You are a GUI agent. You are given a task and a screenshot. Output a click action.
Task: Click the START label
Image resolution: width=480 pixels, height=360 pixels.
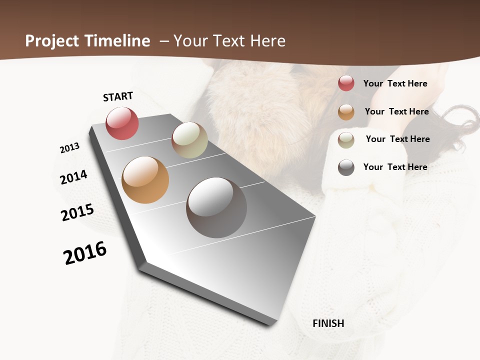(118, 96)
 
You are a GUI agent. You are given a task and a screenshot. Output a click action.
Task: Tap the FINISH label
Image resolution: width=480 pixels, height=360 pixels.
(328, 323)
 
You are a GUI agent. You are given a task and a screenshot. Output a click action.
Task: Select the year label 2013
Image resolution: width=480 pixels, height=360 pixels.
(69, 148)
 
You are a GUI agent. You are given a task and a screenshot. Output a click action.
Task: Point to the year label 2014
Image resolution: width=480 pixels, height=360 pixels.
(73, 177)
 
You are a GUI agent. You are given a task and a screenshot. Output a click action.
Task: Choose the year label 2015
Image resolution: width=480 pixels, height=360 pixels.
(77, 212)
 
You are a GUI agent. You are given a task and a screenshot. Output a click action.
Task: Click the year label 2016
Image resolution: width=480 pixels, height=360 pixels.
(85, 253)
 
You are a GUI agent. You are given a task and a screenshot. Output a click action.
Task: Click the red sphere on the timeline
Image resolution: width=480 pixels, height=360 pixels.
(122, 123)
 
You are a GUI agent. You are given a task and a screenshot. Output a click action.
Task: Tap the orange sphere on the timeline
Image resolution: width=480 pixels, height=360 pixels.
(145, 180)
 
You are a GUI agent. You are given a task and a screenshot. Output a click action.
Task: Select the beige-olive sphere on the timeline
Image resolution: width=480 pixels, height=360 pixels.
(189, 140)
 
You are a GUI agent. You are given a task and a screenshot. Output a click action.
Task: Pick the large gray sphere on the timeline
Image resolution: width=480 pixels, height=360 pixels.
(216, 207)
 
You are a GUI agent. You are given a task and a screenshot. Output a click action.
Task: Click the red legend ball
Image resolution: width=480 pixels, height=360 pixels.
(346, 83)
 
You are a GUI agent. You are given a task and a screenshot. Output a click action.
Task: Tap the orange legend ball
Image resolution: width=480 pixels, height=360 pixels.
(346, 112)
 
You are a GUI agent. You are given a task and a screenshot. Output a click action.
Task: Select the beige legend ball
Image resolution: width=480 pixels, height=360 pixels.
(346, 139)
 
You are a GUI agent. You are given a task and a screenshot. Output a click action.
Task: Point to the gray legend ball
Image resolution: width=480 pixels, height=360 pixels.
(346, 167)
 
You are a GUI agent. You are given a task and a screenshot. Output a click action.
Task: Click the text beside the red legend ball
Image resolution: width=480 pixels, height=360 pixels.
(395, 83)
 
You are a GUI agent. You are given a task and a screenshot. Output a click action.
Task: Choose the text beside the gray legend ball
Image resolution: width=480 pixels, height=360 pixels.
(395, 167)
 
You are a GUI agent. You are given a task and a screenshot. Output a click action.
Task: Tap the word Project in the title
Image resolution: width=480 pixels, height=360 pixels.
(51, 41)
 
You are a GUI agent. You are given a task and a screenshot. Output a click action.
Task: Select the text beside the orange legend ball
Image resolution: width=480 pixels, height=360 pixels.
(396, 111)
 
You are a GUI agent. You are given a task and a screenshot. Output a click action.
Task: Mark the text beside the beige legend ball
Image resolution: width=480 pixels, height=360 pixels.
(397, 139)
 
